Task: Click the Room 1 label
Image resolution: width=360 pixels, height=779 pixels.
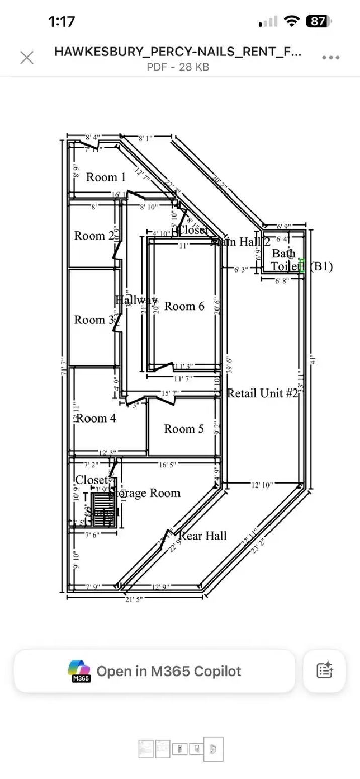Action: [106, 177]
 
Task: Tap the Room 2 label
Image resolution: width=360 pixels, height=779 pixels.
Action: [94, 235]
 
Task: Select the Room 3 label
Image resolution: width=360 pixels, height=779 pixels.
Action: [94, 320]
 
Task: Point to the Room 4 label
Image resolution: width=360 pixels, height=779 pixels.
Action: [96, 418]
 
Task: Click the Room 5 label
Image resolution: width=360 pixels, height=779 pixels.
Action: [184, 429]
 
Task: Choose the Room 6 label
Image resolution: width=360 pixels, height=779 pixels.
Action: [185, 306]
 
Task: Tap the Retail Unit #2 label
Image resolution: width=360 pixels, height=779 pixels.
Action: [263, 393]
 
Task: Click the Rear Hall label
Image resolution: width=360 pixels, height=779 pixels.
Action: [202, 536]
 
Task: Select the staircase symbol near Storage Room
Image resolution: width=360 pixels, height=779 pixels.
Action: [106, 509]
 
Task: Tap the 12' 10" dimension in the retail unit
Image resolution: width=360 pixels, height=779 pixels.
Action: [261, 485]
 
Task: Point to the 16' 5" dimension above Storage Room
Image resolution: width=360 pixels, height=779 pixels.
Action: [167, 465]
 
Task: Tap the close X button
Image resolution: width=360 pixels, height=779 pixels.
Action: [27, 58]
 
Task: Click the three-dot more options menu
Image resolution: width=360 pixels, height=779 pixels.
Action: [331, 58]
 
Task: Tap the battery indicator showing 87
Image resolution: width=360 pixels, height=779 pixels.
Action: [319, 21]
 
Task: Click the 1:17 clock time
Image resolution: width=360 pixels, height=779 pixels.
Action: [62, 22]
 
